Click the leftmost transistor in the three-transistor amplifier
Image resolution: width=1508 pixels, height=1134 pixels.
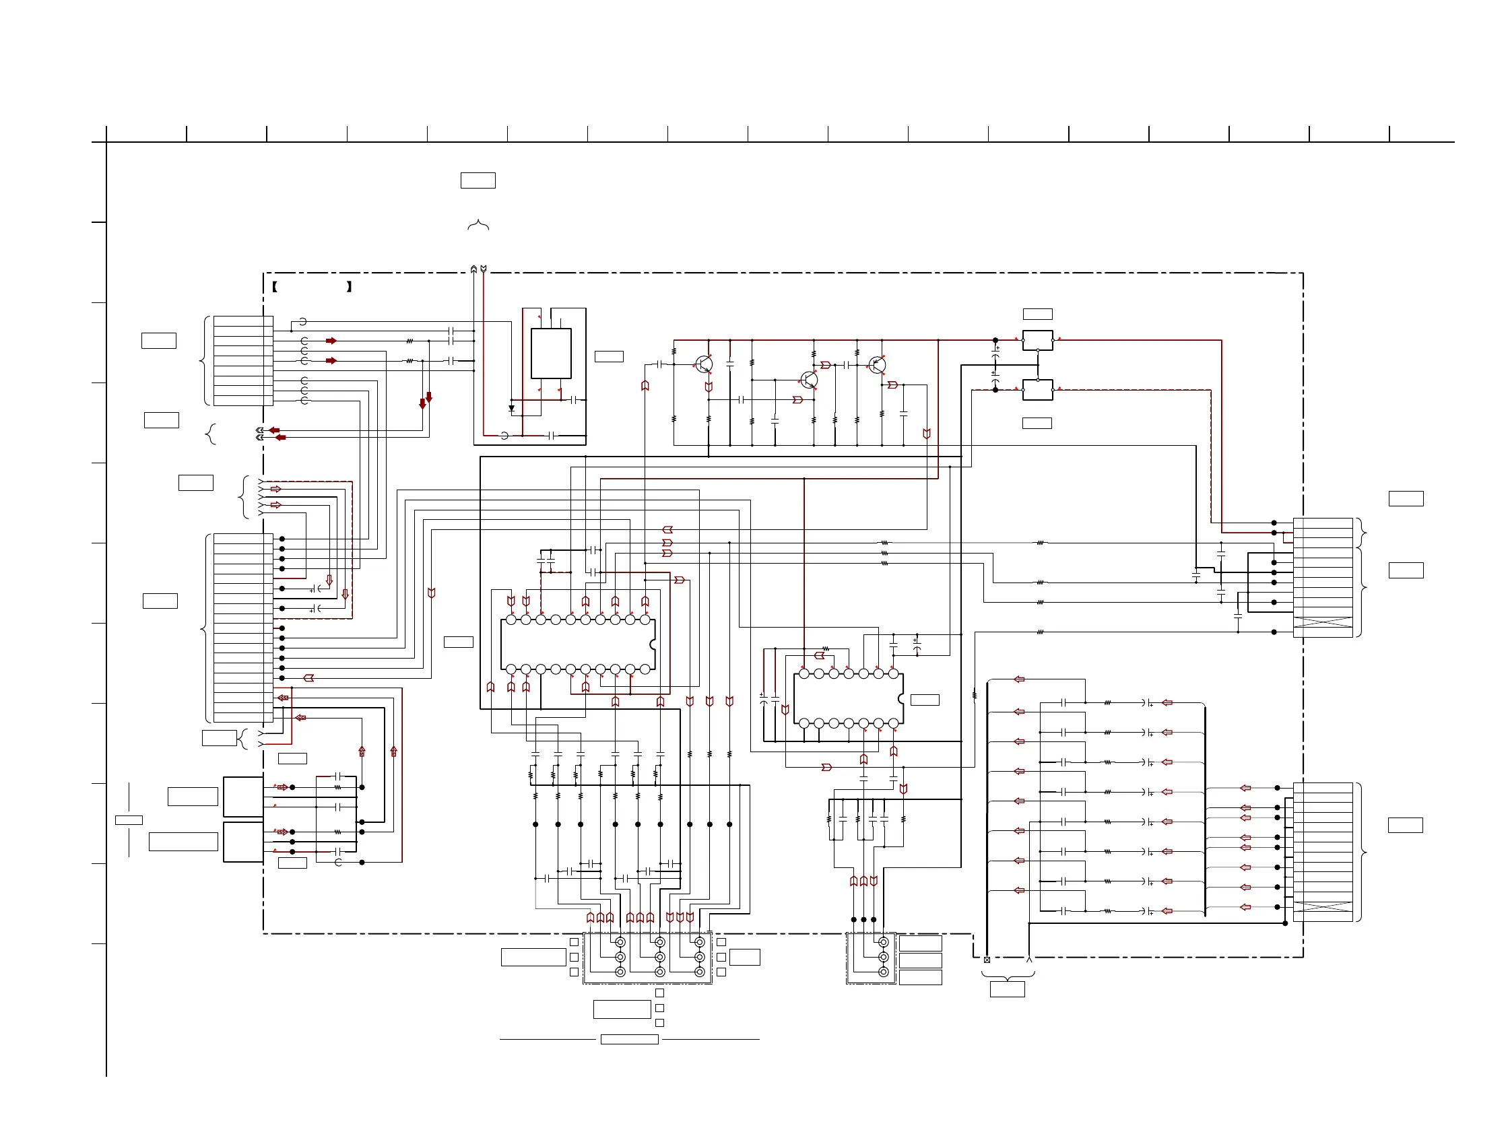pyautogui.click(x=704, y=364)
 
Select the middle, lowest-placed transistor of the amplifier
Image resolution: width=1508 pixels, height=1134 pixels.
pyautogui.click(x=808, y=380)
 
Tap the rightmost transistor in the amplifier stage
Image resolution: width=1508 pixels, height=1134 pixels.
pyautogui.click(x=878, y=364)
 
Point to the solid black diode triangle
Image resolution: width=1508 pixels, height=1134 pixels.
pyautogui.click(x=511, y=409)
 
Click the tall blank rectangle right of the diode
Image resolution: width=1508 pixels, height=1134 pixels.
pyautogui.click(x=551, y=353)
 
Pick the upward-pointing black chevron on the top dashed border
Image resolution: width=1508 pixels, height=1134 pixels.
pyautogui.click(x=473, y=269)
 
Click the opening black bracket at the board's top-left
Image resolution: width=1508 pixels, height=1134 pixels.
pyautogui.click(x=274, y=287)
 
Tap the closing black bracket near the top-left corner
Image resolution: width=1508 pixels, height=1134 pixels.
pyautogui.click(x=349, y=287)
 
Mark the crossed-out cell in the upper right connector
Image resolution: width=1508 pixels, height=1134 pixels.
pyautogui.click(x=1323, y=622)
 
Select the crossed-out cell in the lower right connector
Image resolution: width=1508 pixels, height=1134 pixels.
pyautogui.click(x=1323, y=906)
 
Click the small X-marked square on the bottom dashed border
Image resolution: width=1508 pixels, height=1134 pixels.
pyautogui.click(x=987, y=960)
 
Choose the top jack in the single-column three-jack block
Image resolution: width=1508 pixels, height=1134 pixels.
pyautogui.click(x=883, y=943)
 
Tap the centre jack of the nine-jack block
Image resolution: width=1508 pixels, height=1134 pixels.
pyautogui.click(x=660, y=958)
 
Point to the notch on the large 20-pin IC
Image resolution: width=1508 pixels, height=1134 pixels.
pyautogui.click(x=653, y=644)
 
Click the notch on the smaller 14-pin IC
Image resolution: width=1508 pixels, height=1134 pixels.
pyautogui.click(x=900, y=699)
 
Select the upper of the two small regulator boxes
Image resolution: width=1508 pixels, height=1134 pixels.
pyautogui.click(x=1037, y=340)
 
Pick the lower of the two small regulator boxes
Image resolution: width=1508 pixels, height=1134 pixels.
pyautogui.click(x=1037, y=390)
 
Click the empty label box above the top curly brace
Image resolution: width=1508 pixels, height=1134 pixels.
pyautogui.click(x=478, y=180)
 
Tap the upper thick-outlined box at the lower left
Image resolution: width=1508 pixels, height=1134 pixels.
pyautogui.click(x=243, y=797)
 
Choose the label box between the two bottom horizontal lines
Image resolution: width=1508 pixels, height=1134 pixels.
pyautogui.click(x=629, y=1039)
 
